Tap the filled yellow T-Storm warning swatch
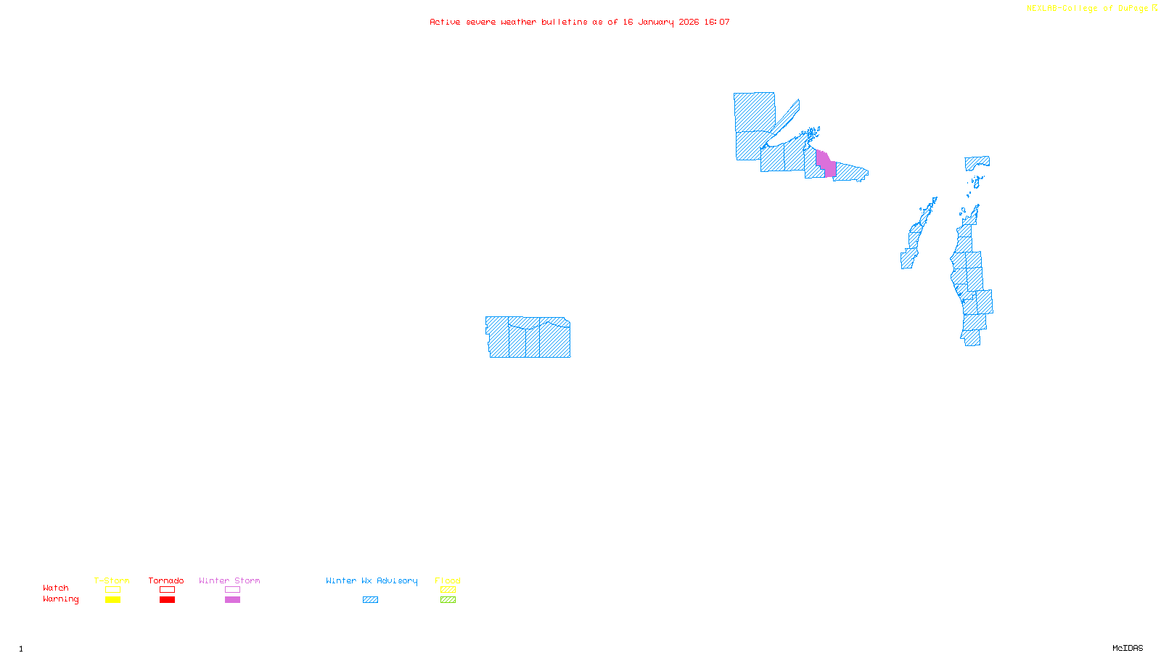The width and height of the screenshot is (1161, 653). [112, 600]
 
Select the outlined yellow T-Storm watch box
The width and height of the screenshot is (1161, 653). [112, 590]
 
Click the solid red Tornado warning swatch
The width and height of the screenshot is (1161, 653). [168, 600]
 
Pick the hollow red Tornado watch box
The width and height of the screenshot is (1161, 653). [168, 590]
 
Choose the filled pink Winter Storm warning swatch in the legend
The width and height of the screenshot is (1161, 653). [232, 600]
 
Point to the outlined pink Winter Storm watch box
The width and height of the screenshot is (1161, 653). [232, 590]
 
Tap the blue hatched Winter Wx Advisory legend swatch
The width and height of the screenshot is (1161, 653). [370, 600]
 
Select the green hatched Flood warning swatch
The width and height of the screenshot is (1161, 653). [448, 600]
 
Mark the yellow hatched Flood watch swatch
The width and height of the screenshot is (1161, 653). [448, 590]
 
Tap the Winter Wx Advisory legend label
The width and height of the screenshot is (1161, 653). [372, 580]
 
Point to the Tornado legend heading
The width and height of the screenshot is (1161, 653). [166, 580]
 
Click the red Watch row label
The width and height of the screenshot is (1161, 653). [56, 588]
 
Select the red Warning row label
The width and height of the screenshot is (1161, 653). [60, 599]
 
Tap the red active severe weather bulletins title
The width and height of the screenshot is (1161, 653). [580, 22]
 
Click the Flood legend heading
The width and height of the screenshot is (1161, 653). [448, 580]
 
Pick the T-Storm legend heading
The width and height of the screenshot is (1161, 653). [112, 580]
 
